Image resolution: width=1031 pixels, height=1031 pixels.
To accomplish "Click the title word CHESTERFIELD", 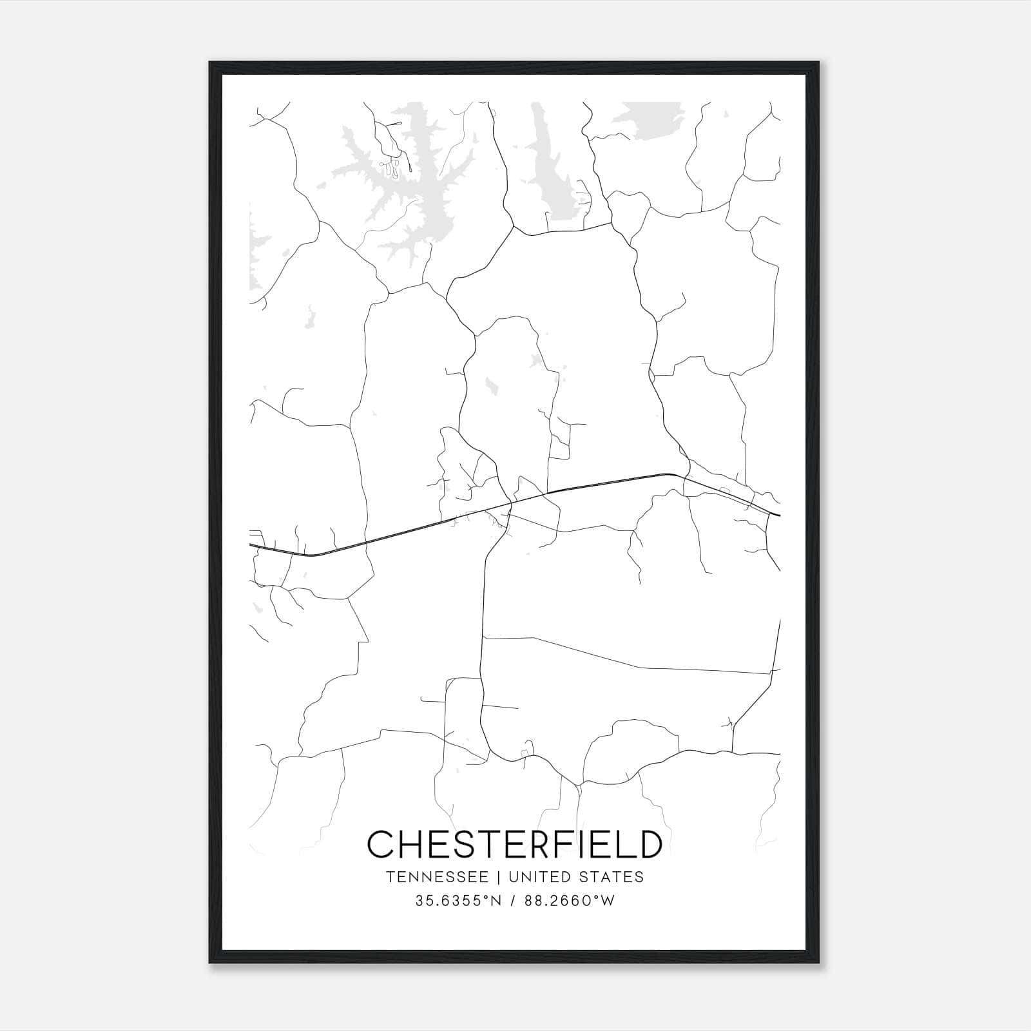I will point(514,844).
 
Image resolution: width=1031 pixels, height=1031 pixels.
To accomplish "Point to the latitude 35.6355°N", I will point(458,901).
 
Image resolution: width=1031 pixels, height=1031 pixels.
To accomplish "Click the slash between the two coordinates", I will point(511,901).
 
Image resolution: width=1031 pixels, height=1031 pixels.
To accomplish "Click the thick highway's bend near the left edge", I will point(313,554).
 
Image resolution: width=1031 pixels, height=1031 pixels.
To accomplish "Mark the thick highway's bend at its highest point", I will point(667,474).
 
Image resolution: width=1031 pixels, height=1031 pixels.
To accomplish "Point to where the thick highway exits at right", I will point(778,515).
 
